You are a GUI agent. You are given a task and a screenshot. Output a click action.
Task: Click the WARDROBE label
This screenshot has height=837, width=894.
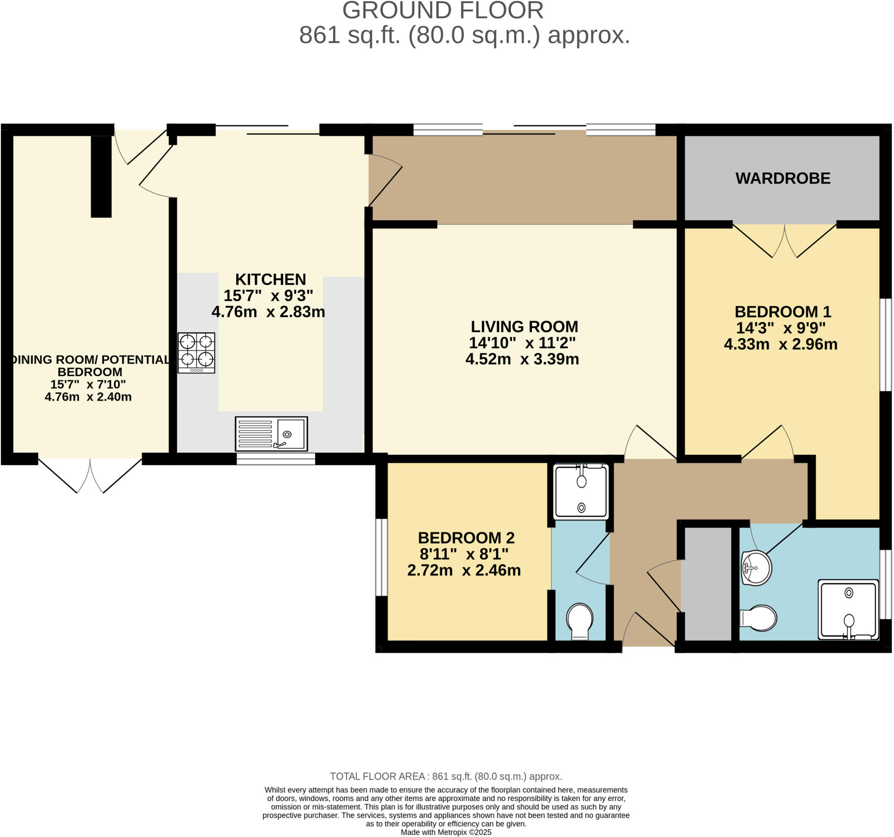coord(783,178)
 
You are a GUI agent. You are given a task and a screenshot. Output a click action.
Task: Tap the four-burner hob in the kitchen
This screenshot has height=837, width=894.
coord(196,353)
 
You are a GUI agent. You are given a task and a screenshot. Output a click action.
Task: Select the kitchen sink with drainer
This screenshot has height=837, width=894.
coord(271,434)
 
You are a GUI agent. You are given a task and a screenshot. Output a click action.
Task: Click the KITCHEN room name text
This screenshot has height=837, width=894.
coord(270,280)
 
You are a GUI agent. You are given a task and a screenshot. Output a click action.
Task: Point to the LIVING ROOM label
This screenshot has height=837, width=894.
coord(524,327)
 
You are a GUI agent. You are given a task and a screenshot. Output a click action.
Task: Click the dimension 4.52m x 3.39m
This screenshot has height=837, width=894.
coord(522,359)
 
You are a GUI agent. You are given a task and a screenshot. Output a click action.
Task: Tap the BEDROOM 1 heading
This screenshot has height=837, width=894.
coord(783,312)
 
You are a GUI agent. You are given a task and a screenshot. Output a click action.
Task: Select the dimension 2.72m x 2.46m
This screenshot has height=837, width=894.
coord(464,570)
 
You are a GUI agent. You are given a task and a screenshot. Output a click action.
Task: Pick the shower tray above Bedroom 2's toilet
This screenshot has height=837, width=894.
coord(581,492)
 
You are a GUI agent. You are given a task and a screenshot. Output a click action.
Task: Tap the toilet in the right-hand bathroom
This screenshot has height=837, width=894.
coord(759,618)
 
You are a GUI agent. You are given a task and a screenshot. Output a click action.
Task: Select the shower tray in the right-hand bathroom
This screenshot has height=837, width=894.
coord(848,610)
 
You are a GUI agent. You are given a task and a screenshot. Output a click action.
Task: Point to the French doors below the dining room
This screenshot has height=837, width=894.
coord(90,475)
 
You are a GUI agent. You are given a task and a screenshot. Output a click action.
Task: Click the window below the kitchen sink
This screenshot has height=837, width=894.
coord(276,459)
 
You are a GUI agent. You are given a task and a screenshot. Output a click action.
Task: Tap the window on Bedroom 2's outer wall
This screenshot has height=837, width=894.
coord(381,557)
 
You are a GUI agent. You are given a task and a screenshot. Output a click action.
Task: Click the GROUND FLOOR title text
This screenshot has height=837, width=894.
coord(443,11)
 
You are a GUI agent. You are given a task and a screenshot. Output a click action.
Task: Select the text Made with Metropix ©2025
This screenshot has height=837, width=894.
coord(446,832)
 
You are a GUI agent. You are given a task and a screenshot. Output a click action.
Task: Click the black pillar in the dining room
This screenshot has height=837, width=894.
coord(101,176)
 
